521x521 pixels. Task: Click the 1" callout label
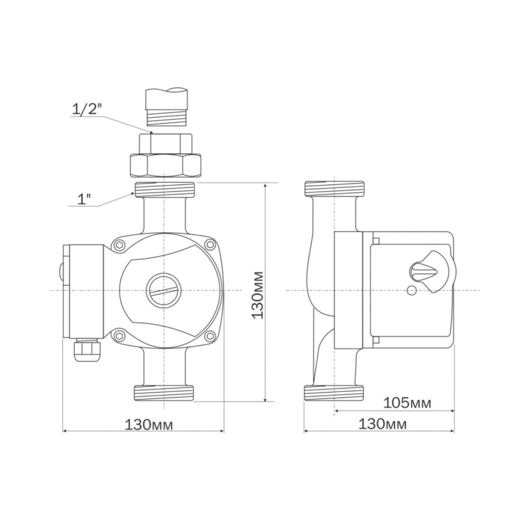84,199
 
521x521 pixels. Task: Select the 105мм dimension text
407,403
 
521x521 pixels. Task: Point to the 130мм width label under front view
149,425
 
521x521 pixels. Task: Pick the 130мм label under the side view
383,424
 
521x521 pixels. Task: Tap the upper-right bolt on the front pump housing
210,244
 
